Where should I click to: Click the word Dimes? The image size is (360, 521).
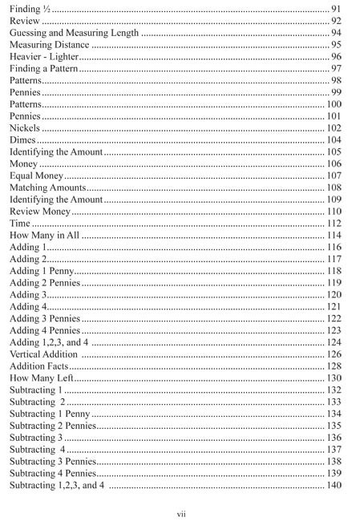click(22, 139)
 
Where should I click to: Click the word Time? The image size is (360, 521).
click(20, 224)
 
